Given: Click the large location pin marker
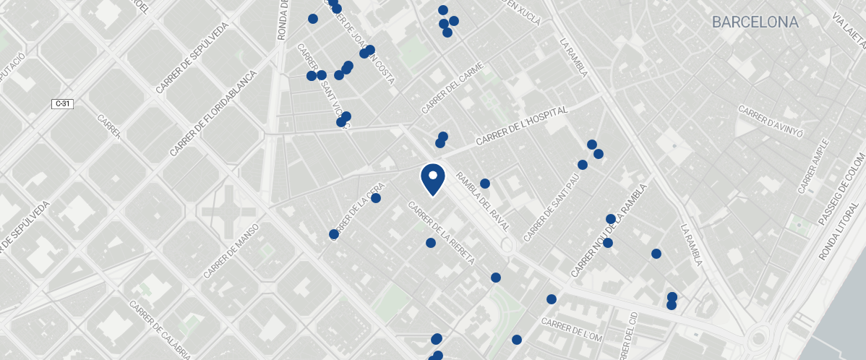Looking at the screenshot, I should click(432, 179).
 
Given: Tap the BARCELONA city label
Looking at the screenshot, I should click(755, 22).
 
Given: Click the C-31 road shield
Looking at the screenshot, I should click(63, 104).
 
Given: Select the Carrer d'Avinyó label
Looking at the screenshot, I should click(771, 122).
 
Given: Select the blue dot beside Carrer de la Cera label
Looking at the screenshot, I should click(376, 198).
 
